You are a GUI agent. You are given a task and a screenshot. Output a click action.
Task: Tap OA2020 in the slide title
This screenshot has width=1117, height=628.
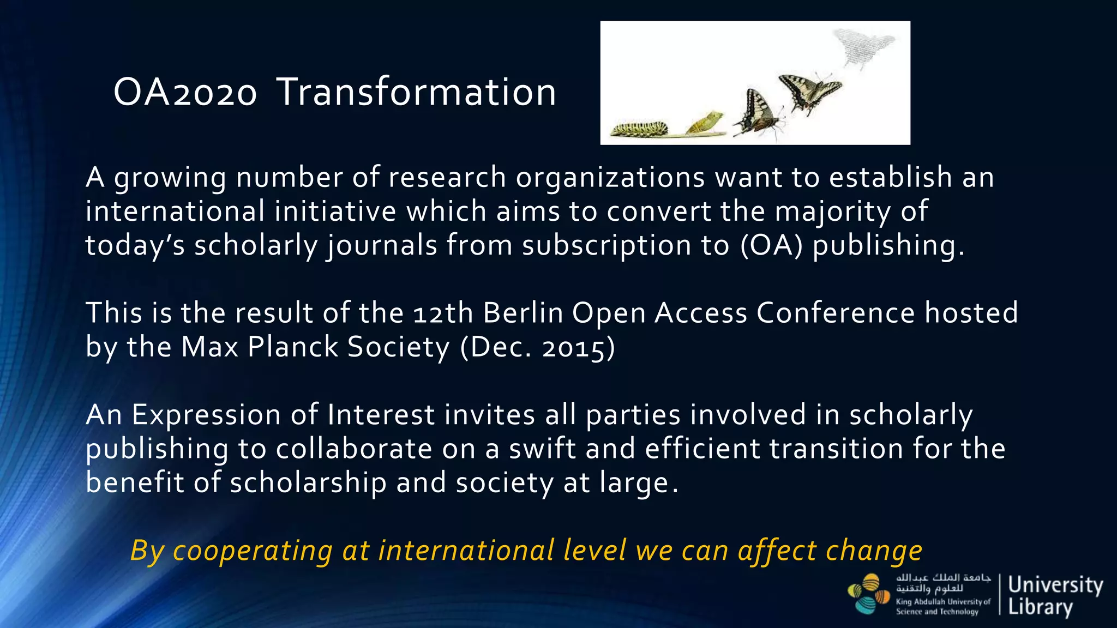185,93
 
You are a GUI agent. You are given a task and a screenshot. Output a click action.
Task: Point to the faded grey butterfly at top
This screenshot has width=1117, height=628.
864,46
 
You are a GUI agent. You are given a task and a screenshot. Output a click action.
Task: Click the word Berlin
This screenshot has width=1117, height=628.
523,313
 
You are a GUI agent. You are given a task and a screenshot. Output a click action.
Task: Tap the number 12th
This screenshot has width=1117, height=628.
443,313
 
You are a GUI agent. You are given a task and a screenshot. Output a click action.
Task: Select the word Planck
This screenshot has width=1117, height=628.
292,347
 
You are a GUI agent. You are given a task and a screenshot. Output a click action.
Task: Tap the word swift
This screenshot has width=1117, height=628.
542,449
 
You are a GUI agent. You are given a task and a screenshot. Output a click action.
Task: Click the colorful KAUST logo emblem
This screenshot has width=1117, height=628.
868,594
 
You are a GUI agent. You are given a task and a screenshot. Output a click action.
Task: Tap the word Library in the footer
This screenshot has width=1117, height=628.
1040,606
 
